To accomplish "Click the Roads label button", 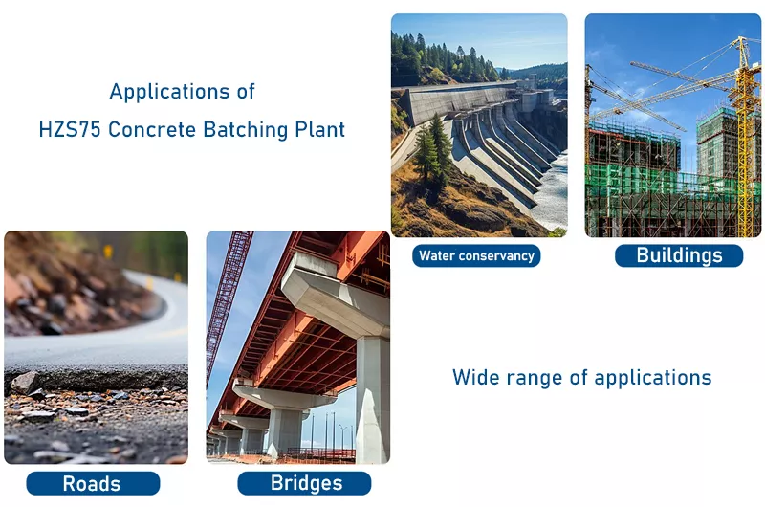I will tap(93, 484).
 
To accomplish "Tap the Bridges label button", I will tap(303, 483).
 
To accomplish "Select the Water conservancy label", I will tap(476, 256).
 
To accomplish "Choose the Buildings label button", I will tap(678, 255).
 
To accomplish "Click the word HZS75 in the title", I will tap(70, 130).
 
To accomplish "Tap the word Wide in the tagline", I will tap(474, 378).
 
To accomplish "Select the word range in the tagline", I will tap(534, 378).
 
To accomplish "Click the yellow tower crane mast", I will tap(743, 143).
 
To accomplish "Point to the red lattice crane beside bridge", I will tap(228, 297).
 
